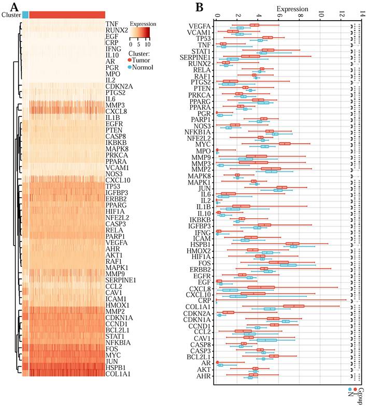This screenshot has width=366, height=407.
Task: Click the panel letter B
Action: point(199,7)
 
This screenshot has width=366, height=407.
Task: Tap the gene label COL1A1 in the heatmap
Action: point(118,373)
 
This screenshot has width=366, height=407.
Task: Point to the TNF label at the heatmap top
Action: point(111,24)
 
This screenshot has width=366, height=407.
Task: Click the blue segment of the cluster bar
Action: point(25,14)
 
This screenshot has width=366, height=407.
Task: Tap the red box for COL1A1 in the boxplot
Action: point(293,306)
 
